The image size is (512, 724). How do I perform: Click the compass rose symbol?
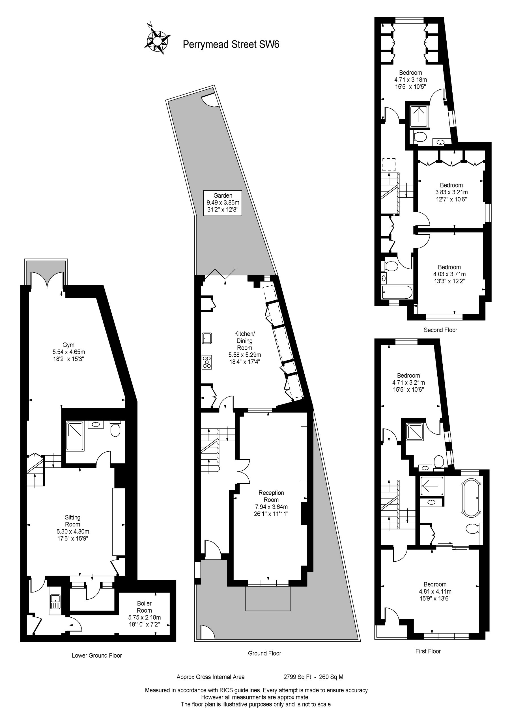pos(157,40)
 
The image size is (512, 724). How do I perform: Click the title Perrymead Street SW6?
pos(231,44)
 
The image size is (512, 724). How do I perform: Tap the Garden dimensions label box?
pos(223,203)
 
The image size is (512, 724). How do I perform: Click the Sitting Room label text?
pos(73,527)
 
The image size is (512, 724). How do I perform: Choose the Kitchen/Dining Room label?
pos(244,348)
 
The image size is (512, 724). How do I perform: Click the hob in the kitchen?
pos(207,362)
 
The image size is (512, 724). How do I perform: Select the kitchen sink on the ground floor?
pos(207,338)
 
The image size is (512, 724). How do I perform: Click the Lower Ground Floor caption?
pos(97,655)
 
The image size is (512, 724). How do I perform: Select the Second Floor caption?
pos(440,330)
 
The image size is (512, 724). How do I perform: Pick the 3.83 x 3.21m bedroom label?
pos(451,192)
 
